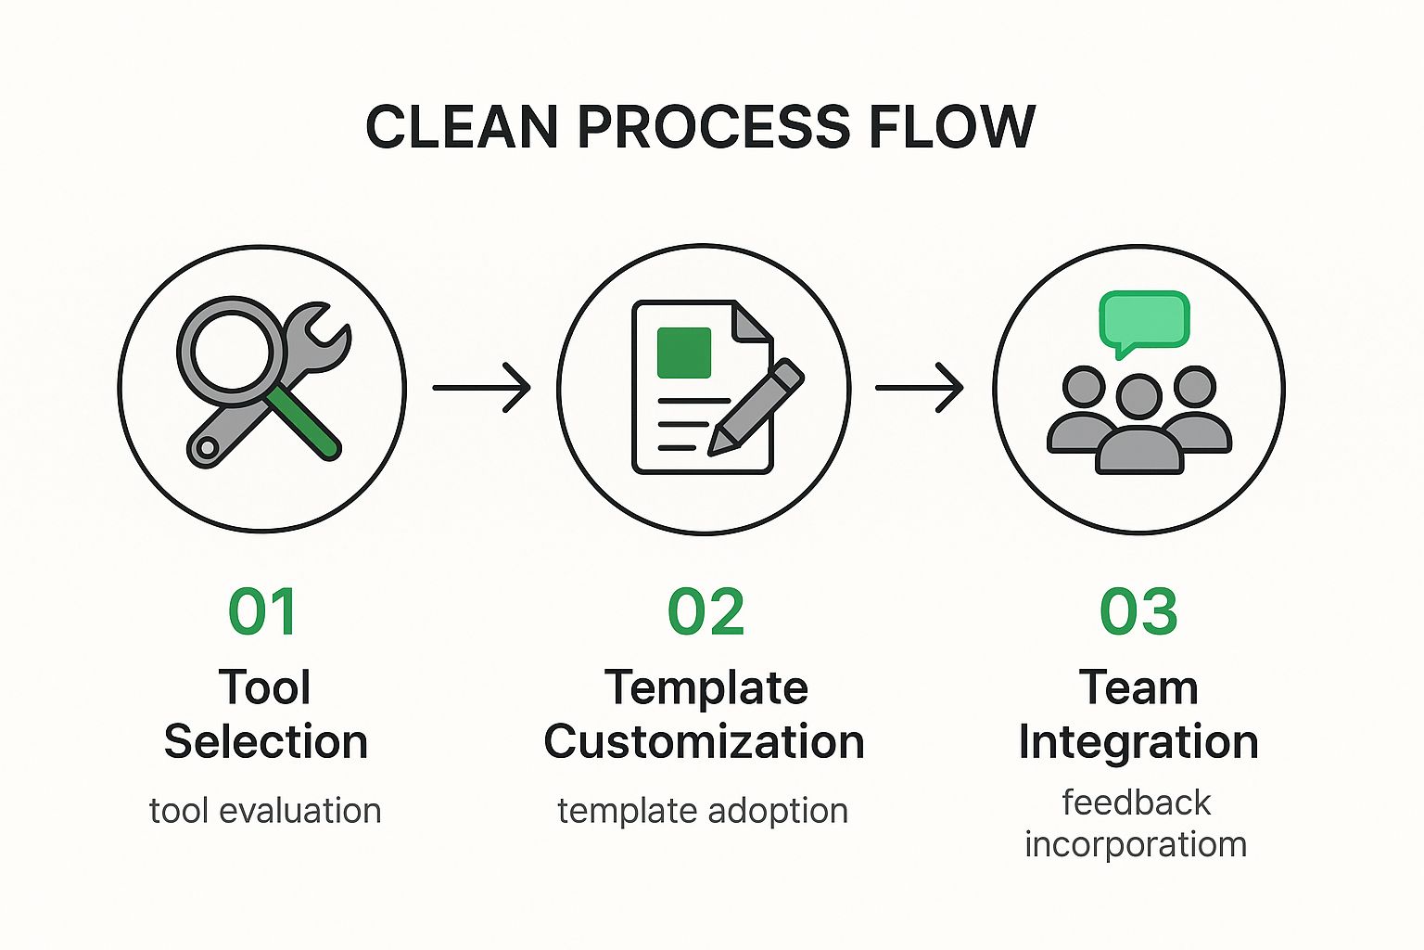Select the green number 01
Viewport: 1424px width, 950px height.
[x=262, y=611]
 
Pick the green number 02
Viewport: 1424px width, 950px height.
[x=706, y=611]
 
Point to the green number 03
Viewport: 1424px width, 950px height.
[x=1138, y=611]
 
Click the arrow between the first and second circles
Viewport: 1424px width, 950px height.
[x=481, y=388]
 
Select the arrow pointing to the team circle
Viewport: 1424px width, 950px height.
[x=920, y=388]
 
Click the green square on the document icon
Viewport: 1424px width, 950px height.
[x=684, y=353]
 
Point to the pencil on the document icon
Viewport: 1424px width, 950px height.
[x=756, y=407]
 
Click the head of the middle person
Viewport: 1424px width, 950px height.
[x=1139, y=396]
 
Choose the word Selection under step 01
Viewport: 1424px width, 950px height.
[x=266, y=742]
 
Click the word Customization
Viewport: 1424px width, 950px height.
[x=705, y=742]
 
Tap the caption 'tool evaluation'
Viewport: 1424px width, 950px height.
[x=265, y=811]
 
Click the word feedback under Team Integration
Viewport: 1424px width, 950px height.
[x=1136, y=802]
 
